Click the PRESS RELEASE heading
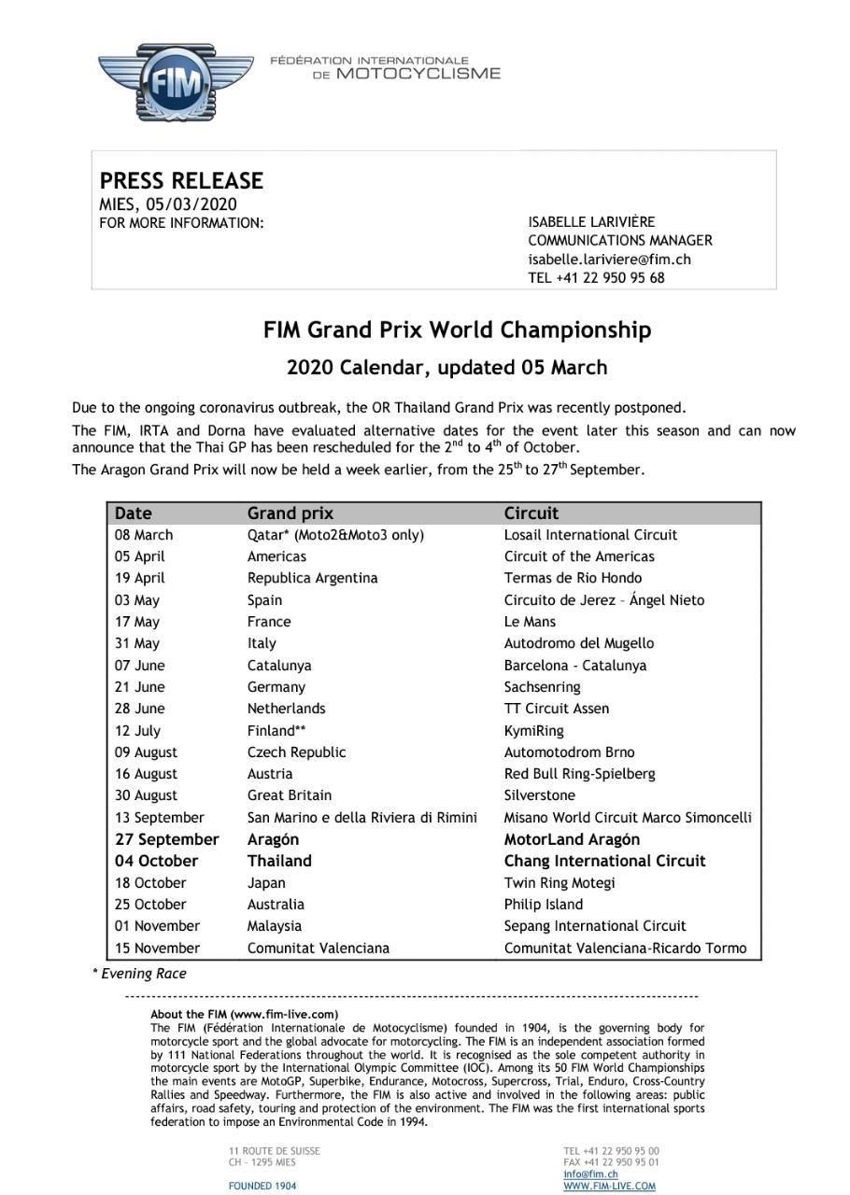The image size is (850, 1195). [181, 180]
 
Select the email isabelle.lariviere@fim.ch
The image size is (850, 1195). [609, 260]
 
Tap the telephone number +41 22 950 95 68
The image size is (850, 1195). [596, 277]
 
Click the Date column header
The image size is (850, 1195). [133, 513]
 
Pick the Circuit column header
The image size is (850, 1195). [531, 513]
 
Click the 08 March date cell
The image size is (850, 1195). [144, 535]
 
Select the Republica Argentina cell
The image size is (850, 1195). [312, 578]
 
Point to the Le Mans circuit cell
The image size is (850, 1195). [530, 622]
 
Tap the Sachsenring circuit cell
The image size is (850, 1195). [542, 687]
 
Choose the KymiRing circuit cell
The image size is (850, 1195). [533, 731]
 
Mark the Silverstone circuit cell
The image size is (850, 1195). [539, 795]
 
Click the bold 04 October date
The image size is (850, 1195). [156, 861]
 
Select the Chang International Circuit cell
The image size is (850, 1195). [604, 861]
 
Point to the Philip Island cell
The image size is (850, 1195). [543, 905]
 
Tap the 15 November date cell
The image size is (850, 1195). [157, 948]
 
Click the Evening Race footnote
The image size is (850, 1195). [140, 974]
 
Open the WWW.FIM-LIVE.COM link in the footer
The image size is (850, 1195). [609, 1187]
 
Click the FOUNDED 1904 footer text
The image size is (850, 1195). [262, 1187]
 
